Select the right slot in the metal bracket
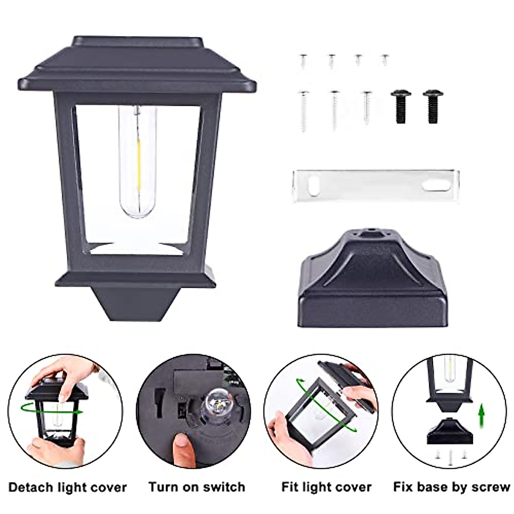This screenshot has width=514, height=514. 435,185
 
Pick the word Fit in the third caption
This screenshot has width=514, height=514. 291,487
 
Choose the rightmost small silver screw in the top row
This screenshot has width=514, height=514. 385,59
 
